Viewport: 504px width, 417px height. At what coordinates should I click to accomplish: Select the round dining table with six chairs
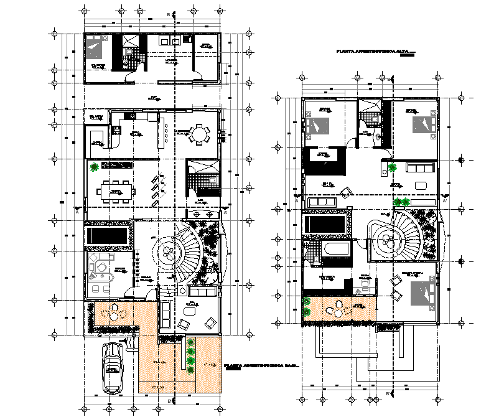click(x=198, y=134)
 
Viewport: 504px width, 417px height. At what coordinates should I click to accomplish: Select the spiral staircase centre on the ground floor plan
click(x=169, y=251)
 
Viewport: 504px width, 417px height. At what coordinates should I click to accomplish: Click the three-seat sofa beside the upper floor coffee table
click(x=420, y=167)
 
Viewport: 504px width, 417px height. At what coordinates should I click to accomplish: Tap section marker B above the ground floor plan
click(x=168, y=14)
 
